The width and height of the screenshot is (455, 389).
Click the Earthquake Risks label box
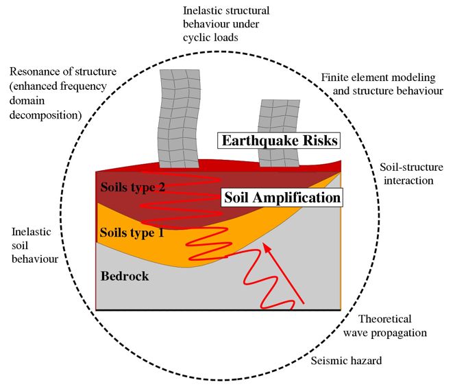click(x=279, y=141)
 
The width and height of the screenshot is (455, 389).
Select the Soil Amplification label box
click(x=282, y=198)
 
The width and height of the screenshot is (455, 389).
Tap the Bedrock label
click(x=125, y=276)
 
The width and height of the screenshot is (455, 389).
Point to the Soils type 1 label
click(x=132, y=233)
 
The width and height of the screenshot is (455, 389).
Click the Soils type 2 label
click(x=133, y=187)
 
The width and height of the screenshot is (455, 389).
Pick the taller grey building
click(x=179, y=119)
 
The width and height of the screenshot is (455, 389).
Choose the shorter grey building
click(x=279, y=133)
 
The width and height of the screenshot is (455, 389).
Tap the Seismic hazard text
click(x=346, y=361)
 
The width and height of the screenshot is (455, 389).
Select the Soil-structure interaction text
click(x=411, y=174)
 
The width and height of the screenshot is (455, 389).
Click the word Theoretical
click(x=385, y=319)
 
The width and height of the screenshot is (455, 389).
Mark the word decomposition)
click(x=45, y=115)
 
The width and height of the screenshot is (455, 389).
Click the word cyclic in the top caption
click(x=197, y=38)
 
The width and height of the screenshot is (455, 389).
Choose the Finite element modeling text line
click(x=378, y=78)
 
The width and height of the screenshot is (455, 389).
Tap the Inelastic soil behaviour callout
click(x=35, y=246)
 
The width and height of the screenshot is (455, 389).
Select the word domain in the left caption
click(x=27, y=101)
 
